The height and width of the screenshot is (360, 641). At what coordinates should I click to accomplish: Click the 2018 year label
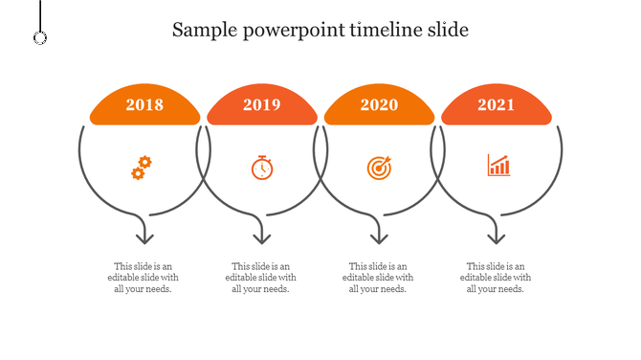point(144,105)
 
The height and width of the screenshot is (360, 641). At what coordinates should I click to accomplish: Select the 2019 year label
point(262,105)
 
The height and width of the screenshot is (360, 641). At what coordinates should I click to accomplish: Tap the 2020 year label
point(379,105)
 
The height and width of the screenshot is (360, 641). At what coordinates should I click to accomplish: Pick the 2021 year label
point(497,105)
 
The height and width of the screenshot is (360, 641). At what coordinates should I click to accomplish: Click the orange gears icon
point(141,168)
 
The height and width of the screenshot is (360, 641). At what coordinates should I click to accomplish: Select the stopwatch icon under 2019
point(262,168)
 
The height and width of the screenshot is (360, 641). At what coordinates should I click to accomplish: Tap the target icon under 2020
point(379,168)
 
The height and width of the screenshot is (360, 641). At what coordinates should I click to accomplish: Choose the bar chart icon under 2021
point(498,166)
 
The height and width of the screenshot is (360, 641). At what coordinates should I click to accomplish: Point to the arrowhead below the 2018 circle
point(144,236)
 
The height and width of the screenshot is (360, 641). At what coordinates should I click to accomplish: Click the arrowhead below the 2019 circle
point(261,236)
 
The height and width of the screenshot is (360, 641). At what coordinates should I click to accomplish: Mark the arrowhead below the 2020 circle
point(379,236)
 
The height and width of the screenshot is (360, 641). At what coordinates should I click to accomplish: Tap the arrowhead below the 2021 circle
point(496,236)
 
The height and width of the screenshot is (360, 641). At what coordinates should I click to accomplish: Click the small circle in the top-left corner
point(40,37)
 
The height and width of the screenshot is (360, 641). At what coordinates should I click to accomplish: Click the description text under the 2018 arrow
point(144,278)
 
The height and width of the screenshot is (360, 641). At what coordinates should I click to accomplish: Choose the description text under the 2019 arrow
point(261,278)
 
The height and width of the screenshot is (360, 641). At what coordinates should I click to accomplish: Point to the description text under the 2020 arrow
point(378,278)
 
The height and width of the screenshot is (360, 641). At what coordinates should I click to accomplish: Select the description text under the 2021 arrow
point(496,278)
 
